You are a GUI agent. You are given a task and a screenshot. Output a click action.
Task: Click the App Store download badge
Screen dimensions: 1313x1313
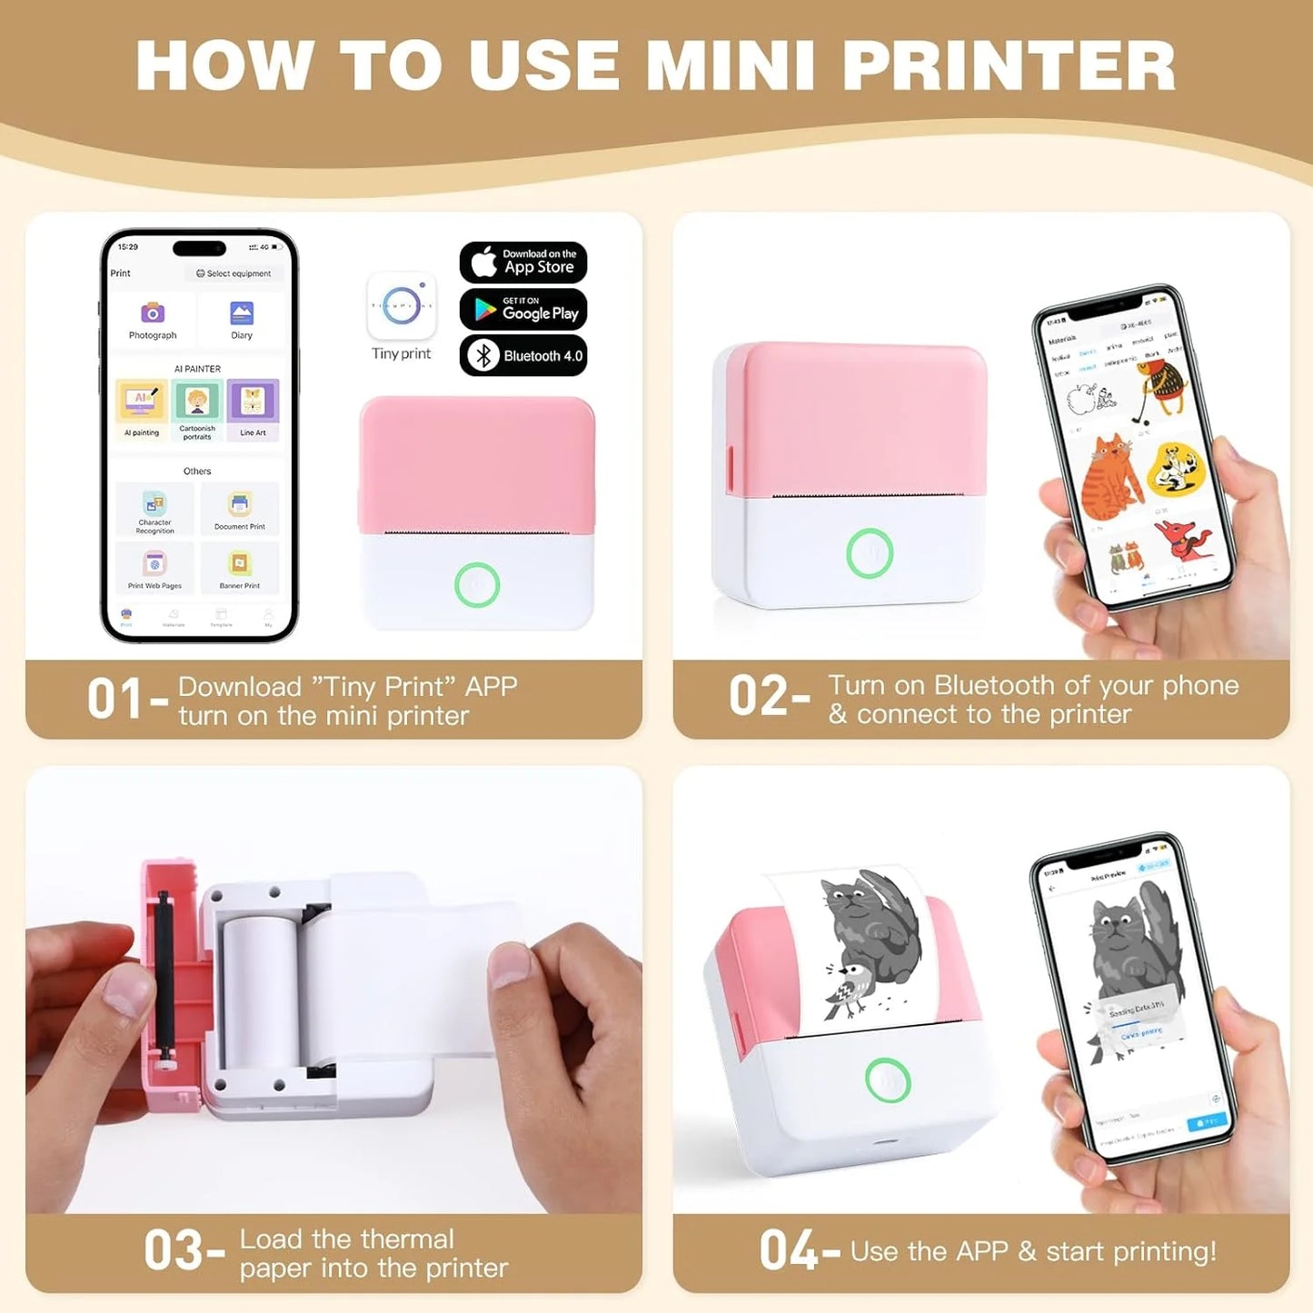point(522,262)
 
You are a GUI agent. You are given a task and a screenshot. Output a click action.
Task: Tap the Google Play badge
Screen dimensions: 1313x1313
point(522,309)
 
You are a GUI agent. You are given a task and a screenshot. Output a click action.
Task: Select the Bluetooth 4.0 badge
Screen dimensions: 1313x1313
point(522,355)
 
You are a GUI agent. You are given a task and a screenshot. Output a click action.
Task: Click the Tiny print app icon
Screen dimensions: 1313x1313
point(401,306)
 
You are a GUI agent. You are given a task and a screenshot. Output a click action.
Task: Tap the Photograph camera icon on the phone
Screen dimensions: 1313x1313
point(152,313)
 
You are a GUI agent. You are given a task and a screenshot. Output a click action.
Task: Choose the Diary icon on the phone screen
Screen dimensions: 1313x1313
point(242,313)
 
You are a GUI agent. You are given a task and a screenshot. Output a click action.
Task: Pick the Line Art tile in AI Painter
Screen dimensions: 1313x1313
point(253,409)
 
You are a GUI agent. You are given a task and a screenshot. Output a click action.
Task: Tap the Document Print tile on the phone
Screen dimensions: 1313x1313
point(240,509)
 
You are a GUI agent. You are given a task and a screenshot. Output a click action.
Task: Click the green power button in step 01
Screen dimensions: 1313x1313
point(477,584)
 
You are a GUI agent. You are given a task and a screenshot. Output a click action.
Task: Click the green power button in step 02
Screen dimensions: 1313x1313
point(870,552)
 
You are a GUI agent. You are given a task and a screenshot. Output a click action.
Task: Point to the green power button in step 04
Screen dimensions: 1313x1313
point(888,1080)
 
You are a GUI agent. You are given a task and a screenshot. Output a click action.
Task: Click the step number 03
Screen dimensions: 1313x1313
point(173,1251)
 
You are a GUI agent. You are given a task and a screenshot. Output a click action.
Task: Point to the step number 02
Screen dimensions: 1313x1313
point(758,696)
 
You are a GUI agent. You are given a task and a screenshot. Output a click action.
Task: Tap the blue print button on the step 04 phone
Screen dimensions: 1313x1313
point(1207,1122)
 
